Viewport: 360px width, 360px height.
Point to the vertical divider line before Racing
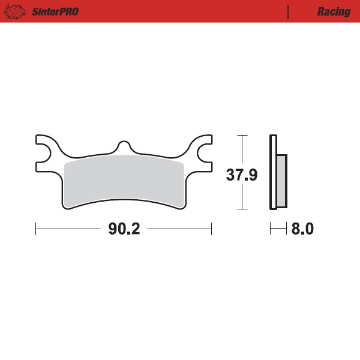tap(289, 12)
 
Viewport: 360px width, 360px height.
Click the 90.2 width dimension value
tap(124, 229)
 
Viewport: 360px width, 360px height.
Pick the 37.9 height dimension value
tap(241, 175)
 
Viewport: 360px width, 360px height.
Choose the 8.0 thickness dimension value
tap(302, 229)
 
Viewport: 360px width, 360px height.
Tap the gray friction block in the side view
tap(281, 179)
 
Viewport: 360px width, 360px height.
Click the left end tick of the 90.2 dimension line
tap(36, 229)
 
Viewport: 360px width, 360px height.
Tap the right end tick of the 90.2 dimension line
tap(211, 229)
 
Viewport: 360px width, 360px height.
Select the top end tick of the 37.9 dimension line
tap(242, 136)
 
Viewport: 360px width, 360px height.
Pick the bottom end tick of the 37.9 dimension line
tap(242, 209)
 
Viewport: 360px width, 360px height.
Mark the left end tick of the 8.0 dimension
tap(271, 229)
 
